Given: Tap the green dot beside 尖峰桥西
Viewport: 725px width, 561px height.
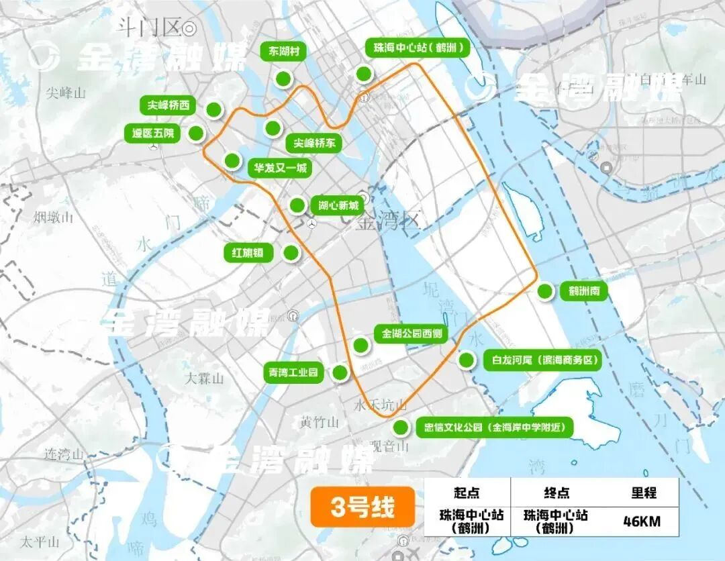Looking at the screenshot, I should click(214, 109).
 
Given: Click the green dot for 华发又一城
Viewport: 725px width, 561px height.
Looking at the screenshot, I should click(232, 160).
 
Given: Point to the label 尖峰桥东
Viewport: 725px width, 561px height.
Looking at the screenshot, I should click(314, 143).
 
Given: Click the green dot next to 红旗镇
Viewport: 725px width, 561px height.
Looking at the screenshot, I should click(291, 253).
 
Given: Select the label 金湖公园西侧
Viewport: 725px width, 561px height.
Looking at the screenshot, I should click(412, 333).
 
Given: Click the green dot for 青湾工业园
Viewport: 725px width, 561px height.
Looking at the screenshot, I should click(341, 373).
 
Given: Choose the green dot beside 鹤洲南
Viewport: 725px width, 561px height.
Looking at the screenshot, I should click(545, 292).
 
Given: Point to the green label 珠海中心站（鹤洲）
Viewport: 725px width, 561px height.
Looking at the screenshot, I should click(416, 48).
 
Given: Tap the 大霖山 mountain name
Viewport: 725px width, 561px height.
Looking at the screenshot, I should click(204, 378).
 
